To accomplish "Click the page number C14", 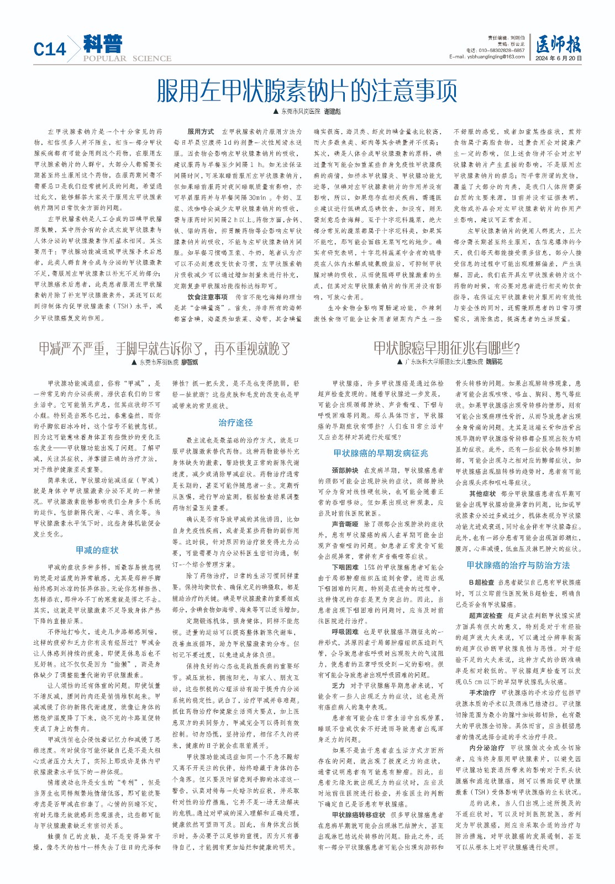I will pos(50,50).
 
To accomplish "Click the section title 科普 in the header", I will pos(103,44).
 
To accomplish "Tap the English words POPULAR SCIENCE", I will pos(128,59).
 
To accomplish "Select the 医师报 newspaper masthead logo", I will pos(558,45).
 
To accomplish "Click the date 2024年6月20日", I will pos(558,58).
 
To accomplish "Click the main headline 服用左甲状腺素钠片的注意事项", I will pos(307,91).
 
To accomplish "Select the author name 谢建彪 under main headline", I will pos(332,112).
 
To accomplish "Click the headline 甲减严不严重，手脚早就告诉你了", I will pos(165,349).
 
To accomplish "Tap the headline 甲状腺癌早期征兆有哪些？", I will pos(446,348).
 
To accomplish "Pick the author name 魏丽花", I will pos(493,362).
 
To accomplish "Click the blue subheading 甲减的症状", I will pos(97,550).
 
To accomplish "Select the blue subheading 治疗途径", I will pos(235,423).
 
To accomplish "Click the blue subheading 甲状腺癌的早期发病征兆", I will pos(381,453).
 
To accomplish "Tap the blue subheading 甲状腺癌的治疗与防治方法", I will pos(518,565).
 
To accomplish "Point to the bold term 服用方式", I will pos(201,131).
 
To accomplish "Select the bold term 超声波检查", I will pos(486,615).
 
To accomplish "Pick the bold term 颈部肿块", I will pos(345,470).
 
